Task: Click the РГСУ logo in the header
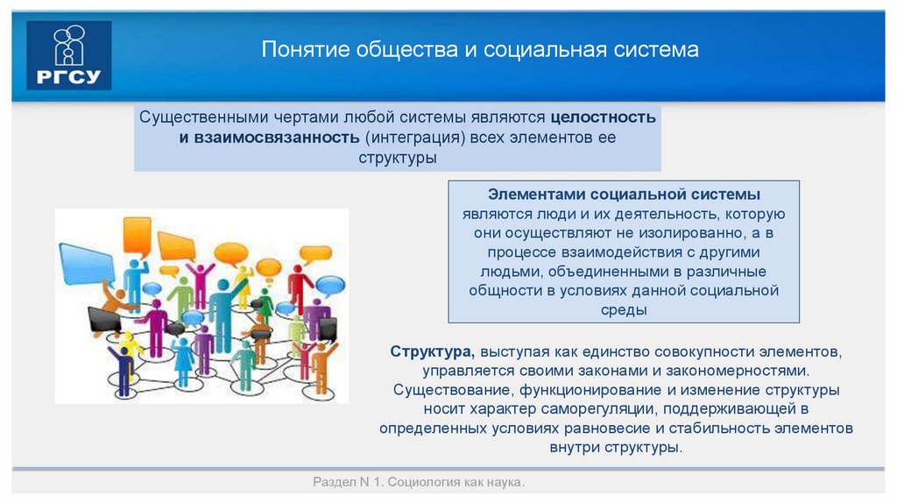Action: [x=69, y=55]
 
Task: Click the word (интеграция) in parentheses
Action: [x=415, y=138]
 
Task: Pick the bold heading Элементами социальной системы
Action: [x=624, y=194]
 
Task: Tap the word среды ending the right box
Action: [x=624, y=310]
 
